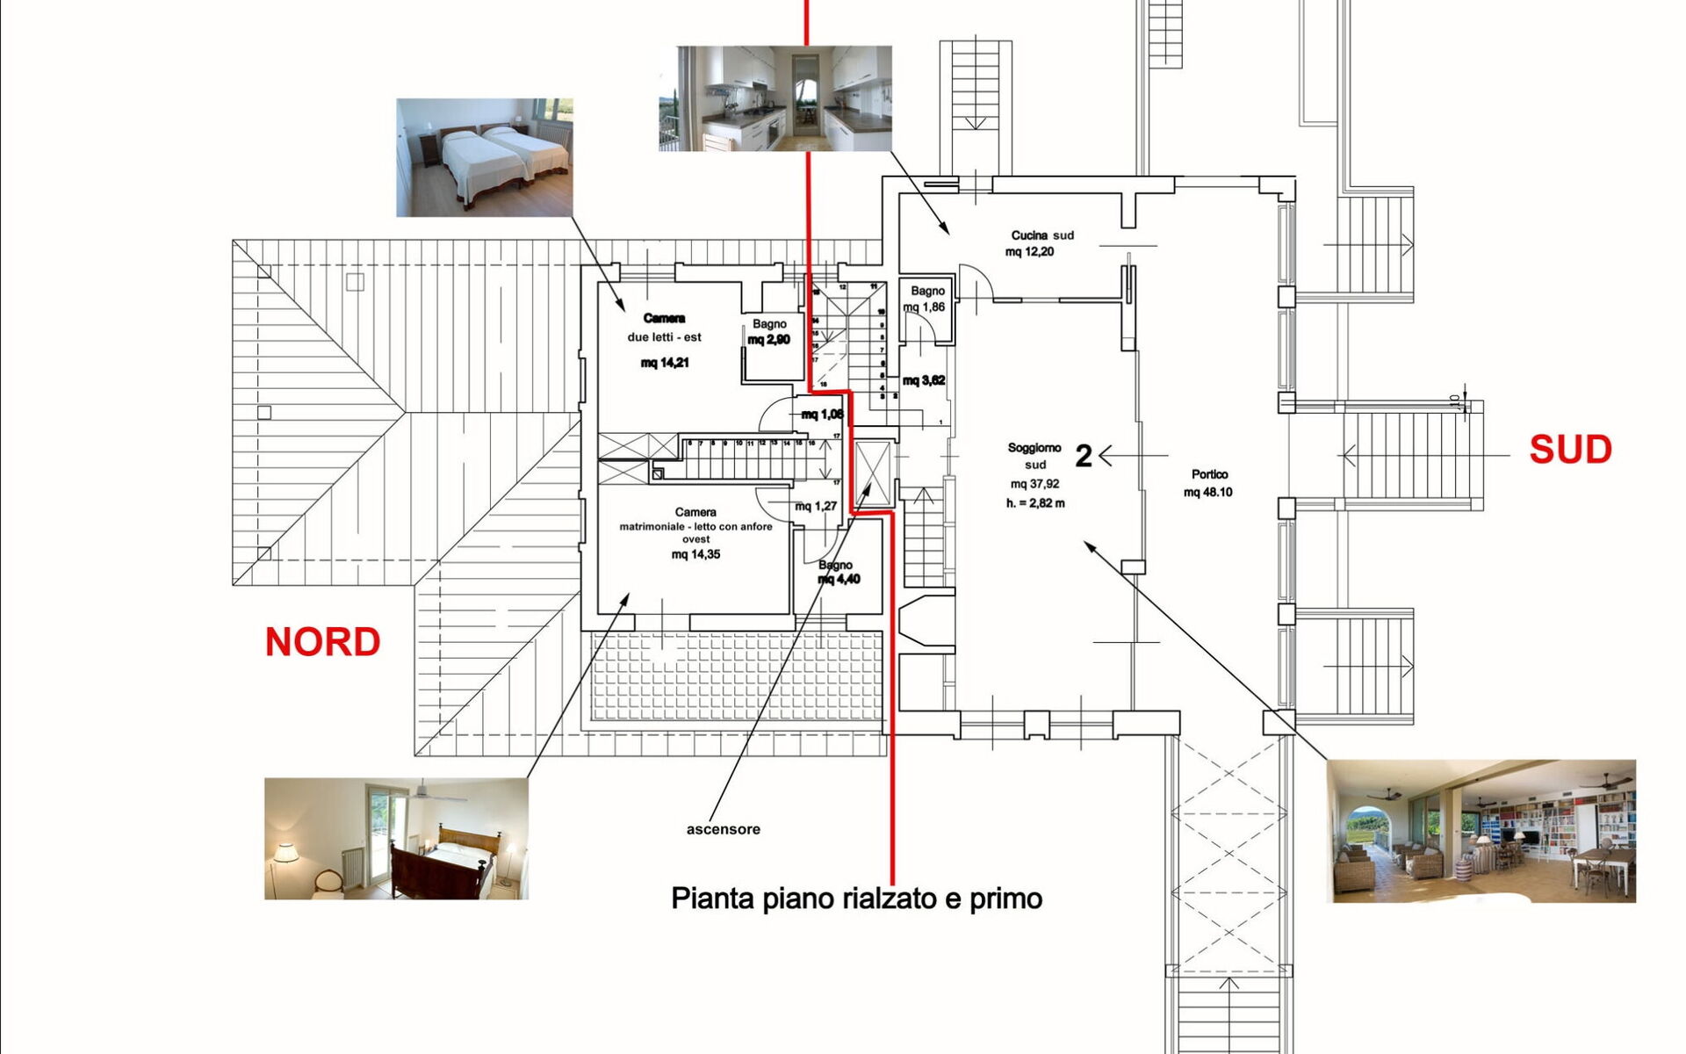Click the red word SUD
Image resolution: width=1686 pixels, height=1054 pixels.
[1570, 450]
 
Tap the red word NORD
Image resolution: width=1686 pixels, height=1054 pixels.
[322, 642]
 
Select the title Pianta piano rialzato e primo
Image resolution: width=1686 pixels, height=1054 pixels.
[856, 899]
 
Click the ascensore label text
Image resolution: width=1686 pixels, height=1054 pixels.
[723, 829]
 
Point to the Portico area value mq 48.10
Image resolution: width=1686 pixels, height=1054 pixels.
[1207, 492]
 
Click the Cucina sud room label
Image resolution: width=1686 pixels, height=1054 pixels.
[1041, 235]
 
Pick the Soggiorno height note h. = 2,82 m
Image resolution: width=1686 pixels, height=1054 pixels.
[1035, 503]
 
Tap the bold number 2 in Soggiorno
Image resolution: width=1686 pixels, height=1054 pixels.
[1084, 456]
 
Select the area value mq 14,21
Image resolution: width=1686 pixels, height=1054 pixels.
[665, 363]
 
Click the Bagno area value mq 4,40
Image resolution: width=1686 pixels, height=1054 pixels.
[839, 579]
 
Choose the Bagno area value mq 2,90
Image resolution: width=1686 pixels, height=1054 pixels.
[768, 340]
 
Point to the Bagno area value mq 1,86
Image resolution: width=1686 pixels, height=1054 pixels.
[924, 307]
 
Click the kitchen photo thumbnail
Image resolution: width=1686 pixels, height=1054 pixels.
[775, 98]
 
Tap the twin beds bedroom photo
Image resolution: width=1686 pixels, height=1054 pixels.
[484, 157]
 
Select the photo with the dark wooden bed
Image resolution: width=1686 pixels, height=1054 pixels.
[396, 838]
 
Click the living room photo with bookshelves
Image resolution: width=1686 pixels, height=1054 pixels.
[1481, 831]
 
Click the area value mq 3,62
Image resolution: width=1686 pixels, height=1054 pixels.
[924, 380]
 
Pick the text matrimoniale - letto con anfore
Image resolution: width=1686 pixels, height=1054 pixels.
[695, 527]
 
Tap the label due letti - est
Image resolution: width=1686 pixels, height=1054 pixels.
[664, 337]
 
